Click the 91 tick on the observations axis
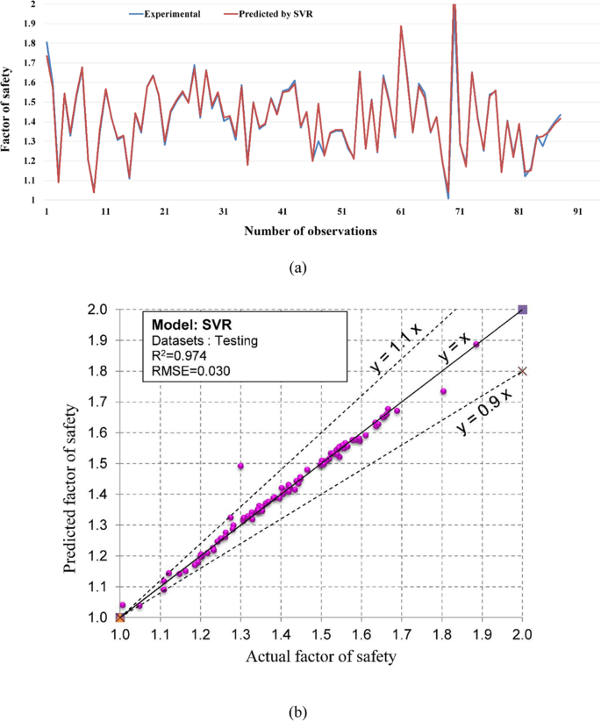coord(577,212)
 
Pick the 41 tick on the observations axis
coord(283,212)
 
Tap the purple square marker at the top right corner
coord(523,310)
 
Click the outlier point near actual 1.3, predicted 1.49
coord(240,465)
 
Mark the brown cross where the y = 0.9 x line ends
coord(523,371)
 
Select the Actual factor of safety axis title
coord(321,656)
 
